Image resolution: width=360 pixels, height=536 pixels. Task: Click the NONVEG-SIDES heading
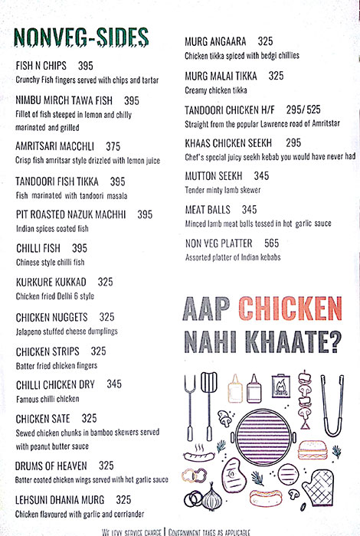pos(80,38)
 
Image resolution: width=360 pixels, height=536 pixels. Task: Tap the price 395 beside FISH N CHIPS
pos(85,67)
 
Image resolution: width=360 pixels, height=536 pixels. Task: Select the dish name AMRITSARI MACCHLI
pos(58,147)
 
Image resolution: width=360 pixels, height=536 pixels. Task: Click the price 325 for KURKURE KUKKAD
pos(105,283)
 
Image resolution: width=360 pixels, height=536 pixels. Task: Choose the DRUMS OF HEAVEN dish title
pos(54,466)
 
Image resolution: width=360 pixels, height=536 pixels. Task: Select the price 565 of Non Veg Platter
pos(271,243)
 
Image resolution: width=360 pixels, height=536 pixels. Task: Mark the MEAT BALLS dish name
pos(209,209)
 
